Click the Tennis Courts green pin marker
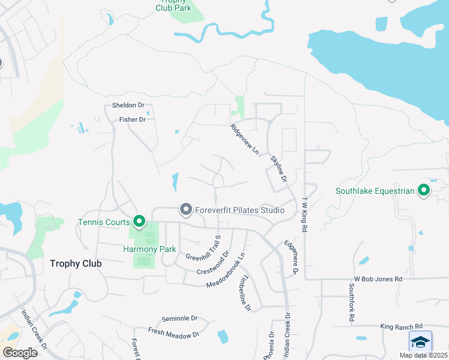[x=139, y=222]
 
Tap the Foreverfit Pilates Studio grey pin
[x=186, y=210]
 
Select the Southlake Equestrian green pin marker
[x=424, y=191]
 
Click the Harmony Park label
[x=141, y=249]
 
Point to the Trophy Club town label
[x=76, y=263]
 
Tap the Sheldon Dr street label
[x=128, y=106]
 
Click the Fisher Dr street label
[x=133, y=119]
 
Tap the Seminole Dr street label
[x=179, y=318]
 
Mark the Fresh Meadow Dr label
[x=174, y=332]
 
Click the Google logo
[x=20, y=352]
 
